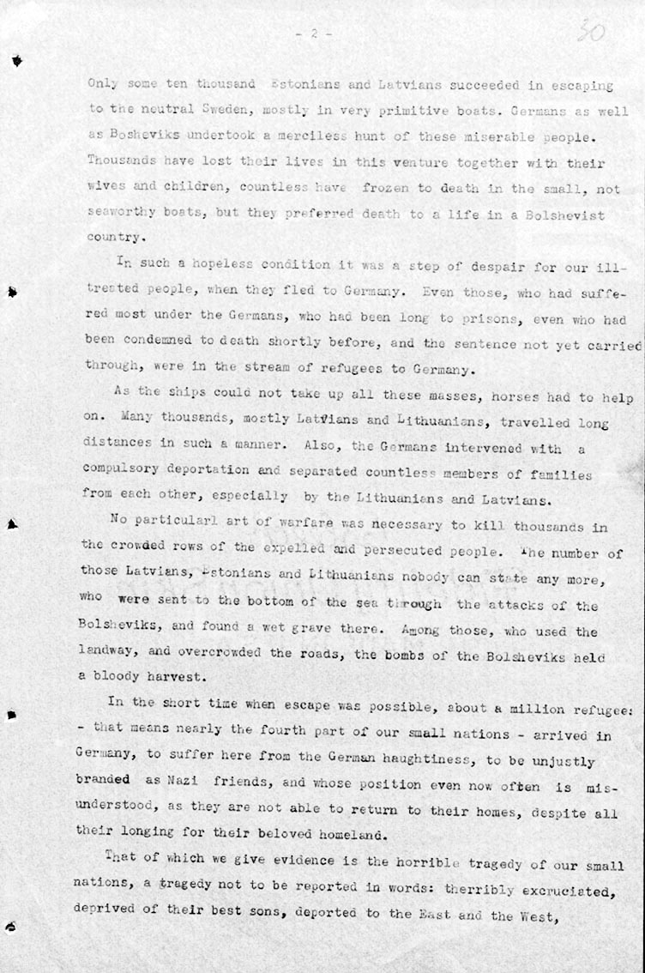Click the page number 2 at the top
(314, 33)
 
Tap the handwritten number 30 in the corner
(591, 33)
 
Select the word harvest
(175, 674)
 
